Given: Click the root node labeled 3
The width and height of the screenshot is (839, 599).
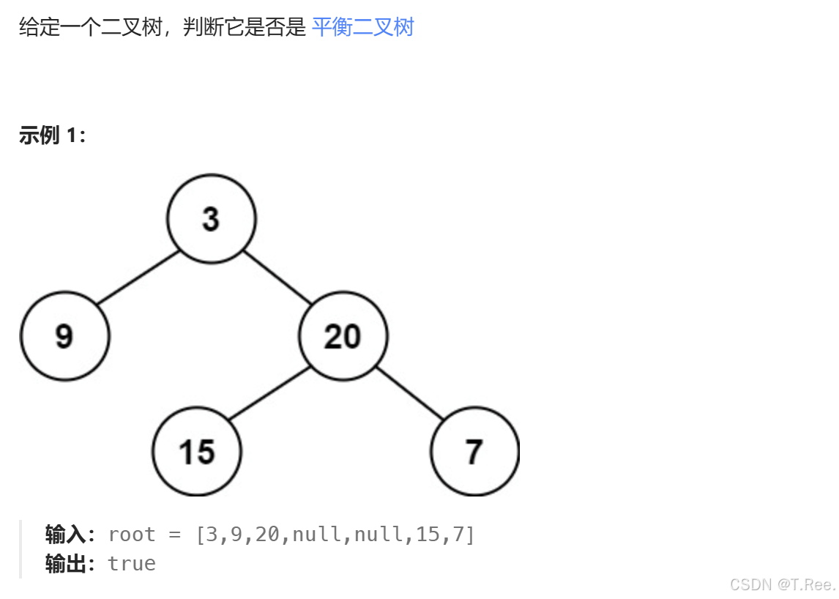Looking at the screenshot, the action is pyautogui.click(x=211, y=218).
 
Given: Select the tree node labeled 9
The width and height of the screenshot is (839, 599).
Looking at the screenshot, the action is pyautogui.click(x=64, y=336).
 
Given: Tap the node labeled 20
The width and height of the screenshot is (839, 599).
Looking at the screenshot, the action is pyautogui.click(x=343, y=336).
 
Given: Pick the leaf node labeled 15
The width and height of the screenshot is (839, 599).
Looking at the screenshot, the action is pyautogui.click(x=196, y=452).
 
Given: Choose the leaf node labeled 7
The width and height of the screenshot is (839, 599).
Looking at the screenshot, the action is pyautogui.click(x=474, y=452).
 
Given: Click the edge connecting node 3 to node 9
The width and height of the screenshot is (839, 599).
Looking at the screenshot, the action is pyautogui.click(x=138, y=277).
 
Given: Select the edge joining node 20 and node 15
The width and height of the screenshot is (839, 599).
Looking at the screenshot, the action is pyautogui.click(x=269, y=394).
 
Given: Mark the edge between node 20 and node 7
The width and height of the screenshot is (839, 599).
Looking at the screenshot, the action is pyautogui.click(x=410, y=394).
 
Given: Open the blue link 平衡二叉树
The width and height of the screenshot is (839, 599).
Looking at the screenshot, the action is pyautogui.click(x=362, y=28).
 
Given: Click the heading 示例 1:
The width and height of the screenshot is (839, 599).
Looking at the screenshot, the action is pyautogui.click(x=52, y=135).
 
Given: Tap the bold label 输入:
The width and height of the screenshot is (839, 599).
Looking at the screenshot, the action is pyautogui.click(x=70, y=535).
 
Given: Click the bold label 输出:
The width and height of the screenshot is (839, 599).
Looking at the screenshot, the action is pyautogui.click(x=70, y=563).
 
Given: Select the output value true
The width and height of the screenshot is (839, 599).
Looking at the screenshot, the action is pyautogui.click(x=132, y=563).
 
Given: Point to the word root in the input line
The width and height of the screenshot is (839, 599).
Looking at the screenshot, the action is pyautogui.click(x=132, y=535).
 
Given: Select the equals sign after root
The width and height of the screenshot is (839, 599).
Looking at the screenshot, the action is pyautogui.click(x=174, y=535).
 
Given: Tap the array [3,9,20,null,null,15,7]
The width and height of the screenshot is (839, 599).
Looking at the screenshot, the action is pyautogui.click(x=335, y=535).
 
